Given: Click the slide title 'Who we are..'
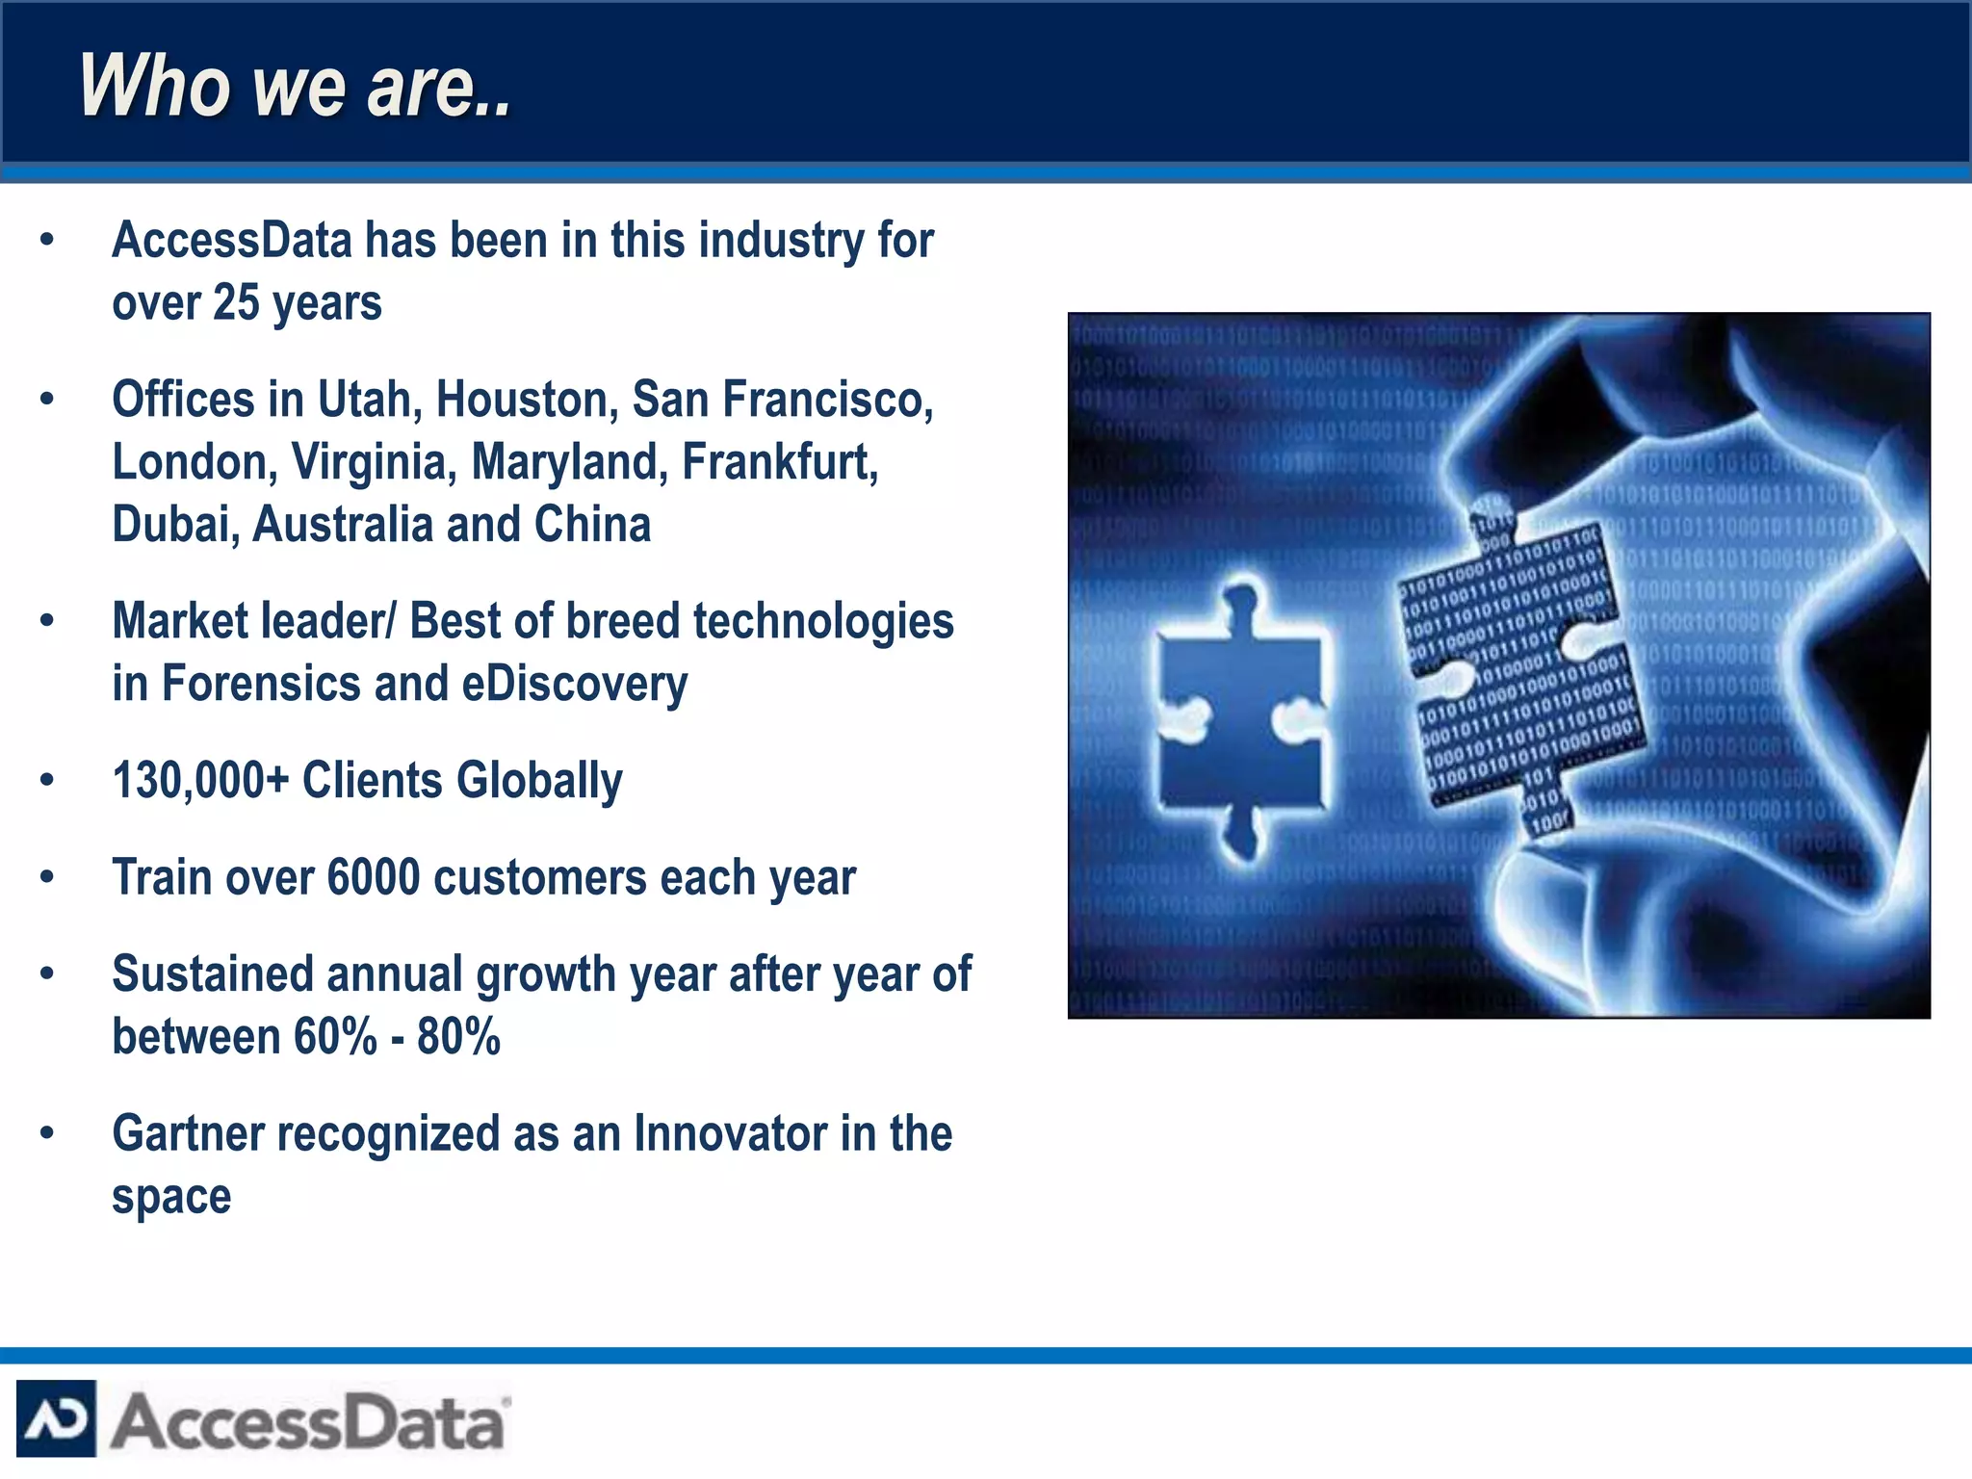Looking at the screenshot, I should pos(295,87).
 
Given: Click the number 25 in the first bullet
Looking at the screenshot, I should pos(236,303).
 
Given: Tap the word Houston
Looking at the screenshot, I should pos(527,400).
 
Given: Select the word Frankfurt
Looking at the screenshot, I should pos(779,462).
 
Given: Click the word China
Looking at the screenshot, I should pos(592,526).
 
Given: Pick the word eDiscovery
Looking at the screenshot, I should pos(575,685).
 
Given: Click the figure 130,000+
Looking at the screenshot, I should pos(200,781).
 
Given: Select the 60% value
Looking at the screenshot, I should pos(335,1038).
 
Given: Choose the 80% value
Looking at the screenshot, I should pos(458,1038).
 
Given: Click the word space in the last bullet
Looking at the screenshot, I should pos(171,1198).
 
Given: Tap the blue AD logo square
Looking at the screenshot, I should pos(56,1418).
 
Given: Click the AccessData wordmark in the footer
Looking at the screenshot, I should pos(308,1421).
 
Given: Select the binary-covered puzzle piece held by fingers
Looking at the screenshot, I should pos(1521,664).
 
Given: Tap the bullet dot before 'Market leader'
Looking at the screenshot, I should pos(47,622).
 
